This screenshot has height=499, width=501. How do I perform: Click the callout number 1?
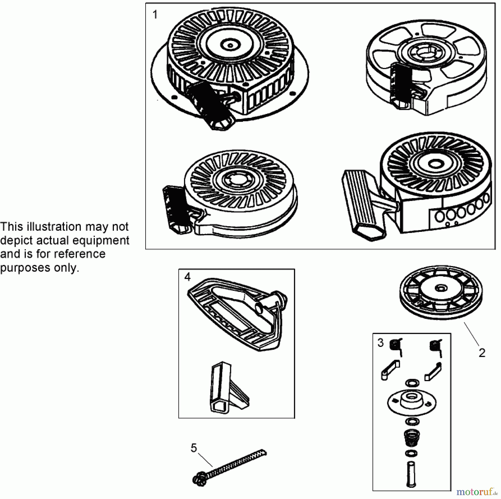pyautogui.click(x=155, y=14)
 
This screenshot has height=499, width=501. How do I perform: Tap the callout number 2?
pyautogui.click(x=482, y=353)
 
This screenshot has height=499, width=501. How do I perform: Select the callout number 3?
pyautogui.click(x=380, y=343)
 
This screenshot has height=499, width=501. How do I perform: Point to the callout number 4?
pyautogui.click(x=187, y=277)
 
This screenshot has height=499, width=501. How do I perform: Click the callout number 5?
pyautogui.click(x=194, y=448)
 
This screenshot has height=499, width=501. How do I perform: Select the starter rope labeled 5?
pyautogui.click(x=229, y=468)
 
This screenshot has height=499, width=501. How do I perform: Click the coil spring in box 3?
pyautogui.click(x=412, y=438)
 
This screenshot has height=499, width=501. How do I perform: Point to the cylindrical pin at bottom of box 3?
pyautogui.click(x=411, y=474)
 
